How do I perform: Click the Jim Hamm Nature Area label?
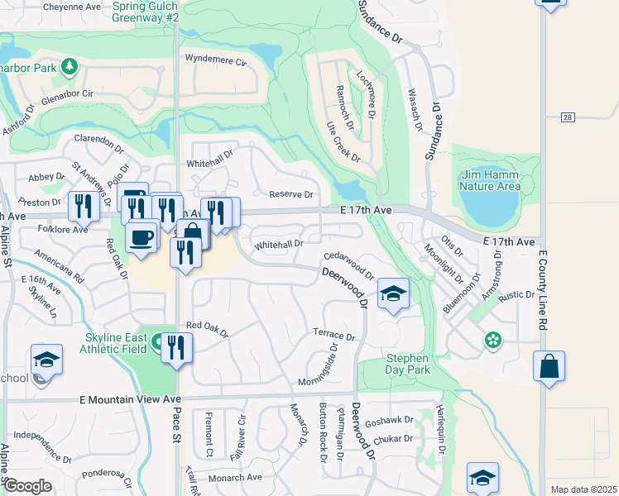(490, 179)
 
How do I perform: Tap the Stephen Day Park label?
(407, 364)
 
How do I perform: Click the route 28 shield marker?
(567, 118)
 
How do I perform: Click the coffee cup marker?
(140, 237)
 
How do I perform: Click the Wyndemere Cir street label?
(216, 60)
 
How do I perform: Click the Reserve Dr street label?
(291, 195)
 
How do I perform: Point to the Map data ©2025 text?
(583, 489)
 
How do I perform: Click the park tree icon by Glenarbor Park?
(71, 66)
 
